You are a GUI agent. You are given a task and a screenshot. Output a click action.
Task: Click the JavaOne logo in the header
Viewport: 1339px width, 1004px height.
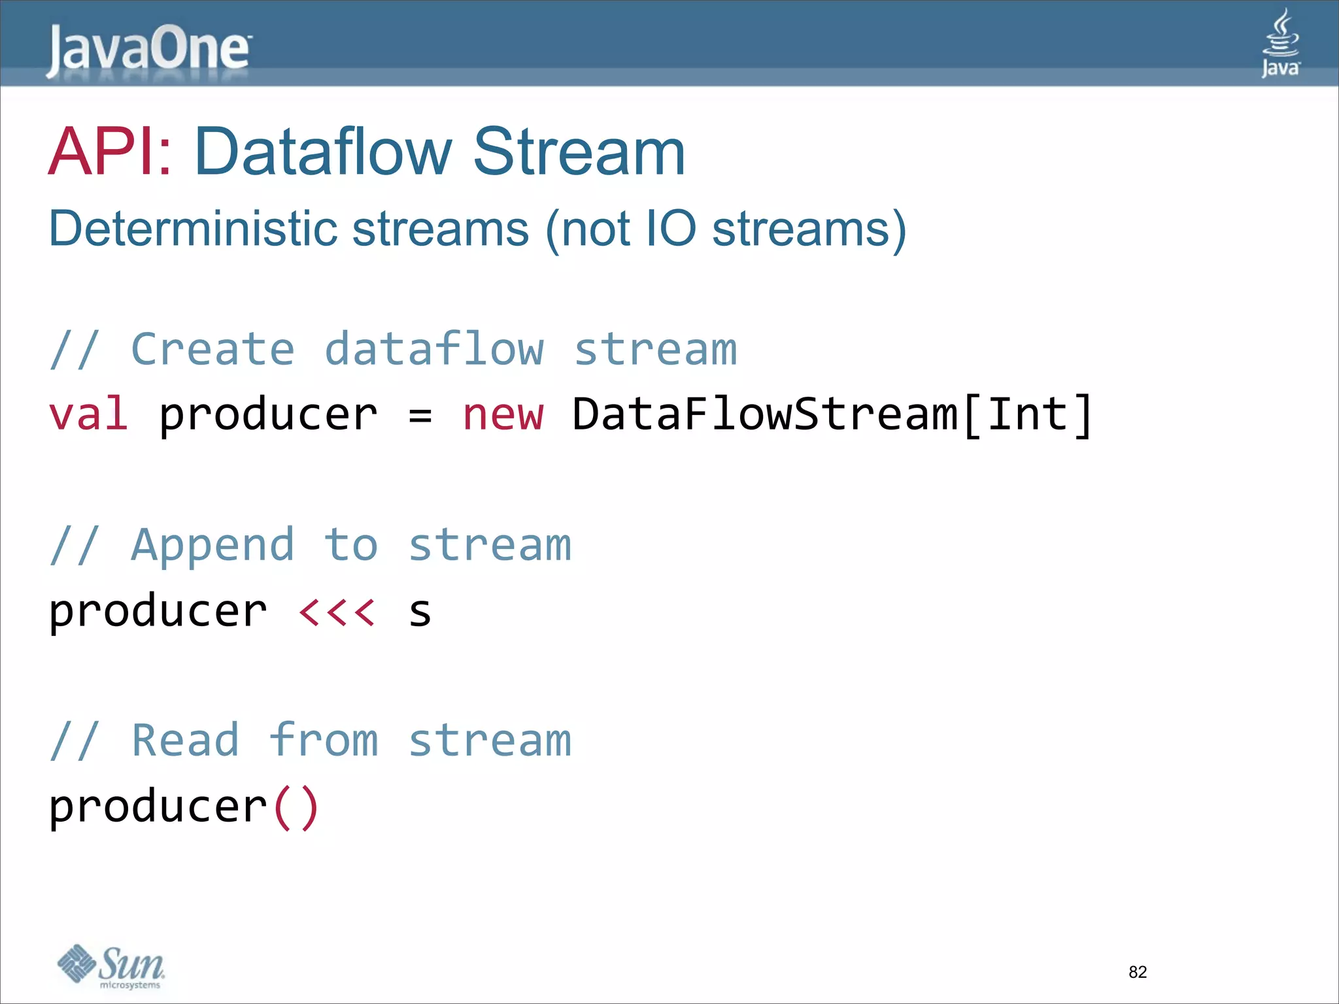[148, 50]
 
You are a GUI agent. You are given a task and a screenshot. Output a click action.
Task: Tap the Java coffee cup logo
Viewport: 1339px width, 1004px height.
[1280, 43]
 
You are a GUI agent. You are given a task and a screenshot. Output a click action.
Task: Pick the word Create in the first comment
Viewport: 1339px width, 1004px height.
[212, 349]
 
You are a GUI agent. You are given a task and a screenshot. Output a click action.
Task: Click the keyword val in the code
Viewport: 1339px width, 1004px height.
[88, 414]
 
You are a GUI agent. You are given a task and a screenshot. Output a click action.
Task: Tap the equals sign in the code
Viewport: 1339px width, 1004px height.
[420, 416]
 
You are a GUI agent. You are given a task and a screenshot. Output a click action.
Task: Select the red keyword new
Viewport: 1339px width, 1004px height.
[503, 414]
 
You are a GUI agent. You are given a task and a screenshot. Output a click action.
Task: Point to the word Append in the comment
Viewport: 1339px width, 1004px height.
[212, 545]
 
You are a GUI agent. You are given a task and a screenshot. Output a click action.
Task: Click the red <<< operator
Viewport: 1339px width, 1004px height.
[337, 612]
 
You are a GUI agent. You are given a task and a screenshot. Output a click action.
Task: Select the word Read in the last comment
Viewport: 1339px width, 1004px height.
[185, 741]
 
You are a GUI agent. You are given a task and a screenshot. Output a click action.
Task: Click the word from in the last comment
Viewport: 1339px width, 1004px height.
[323, 741]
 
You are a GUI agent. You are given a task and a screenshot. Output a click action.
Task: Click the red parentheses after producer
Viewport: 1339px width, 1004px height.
[296, 808]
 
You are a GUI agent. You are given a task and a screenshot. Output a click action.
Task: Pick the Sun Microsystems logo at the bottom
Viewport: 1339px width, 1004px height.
[111, 966]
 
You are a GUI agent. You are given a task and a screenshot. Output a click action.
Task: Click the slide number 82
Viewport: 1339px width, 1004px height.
[1138, 972]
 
